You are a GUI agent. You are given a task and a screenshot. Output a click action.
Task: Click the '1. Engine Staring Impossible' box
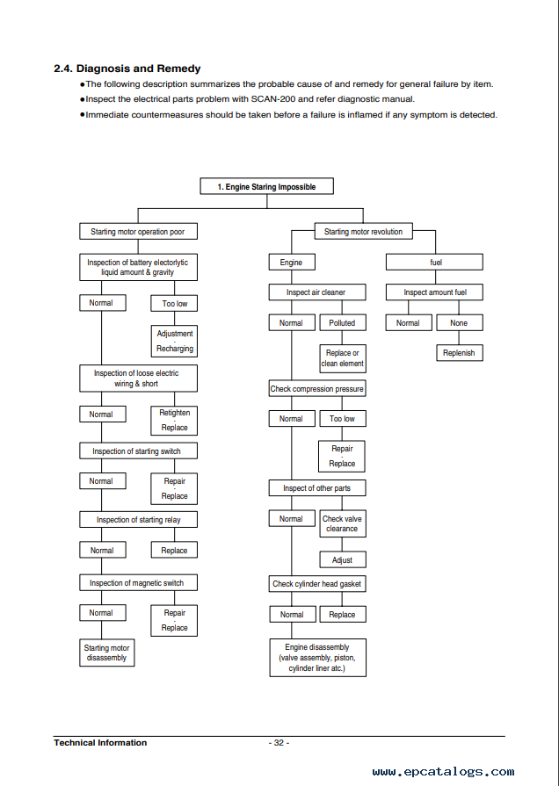point(266,186)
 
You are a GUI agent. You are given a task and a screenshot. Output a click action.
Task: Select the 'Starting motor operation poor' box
point(138,232)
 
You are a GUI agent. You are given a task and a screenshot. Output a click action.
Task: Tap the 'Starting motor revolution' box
point(363,232)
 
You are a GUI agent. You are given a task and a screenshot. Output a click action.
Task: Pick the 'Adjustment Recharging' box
point(174,341)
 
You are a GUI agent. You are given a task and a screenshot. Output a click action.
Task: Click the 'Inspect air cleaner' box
point(317,292)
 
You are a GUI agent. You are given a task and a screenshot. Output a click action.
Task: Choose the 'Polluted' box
point(343,323)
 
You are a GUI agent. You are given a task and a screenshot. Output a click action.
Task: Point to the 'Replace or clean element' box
point(343,358)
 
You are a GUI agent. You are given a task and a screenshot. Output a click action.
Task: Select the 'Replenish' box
point(460,353)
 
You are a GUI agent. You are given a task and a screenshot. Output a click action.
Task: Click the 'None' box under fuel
point(460,323)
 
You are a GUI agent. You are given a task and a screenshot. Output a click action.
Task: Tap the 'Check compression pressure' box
point(317,388)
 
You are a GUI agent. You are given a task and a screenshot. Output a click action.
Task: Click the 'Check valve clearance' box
point(343,523)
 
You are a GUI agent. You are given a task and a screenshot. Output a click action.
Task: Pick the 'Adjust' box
point(343,560)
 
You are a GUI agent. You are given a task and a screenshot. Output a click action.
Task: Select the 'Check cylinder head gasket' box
point(317,583)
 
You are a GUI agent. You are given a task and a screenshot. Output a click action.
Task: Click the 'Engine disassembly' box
point(317,658)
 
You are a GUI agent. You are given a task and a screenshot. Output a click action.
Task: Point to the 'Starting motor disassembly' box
point(107,653)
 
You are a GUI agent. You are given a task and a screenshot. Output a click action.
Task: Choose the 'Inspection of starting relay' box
point(138,519)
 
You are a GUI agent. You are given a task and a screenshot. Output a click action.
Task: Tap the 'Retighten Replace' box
point(174,420)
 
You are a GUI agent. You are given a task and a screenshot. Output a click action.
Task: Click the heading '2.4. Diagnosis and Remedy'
point(127,69)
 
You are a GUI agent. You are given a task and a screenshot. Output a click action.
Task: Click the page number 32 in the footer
point(279,743)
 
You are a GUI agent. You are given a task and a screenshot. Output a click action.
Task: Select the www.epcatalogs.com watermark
point(443,771)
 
